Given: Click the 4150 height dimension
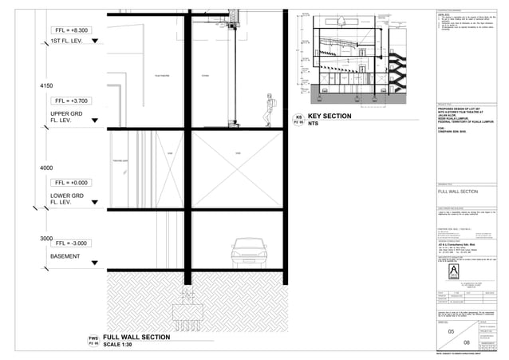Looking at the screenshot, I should coord(45,85).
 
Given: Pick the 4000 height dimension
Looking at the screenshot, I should coord(45,168).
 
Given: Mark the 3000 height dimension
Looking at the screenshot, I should coord(45,239).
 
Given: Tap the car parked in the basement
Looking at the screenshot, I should coord(248,254).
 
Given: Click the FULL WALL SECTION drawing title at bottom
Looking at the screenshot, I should coord(136,338).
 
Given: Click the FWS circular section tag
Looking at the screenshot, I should coord(93,342).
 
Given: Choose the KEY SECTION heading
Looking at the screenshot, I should coord(329,117).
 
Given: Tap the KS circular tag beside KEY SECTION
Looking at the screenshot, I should coord(298,121).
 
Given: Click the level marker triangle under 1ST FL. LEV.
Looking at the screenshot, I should coord(97,51).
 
